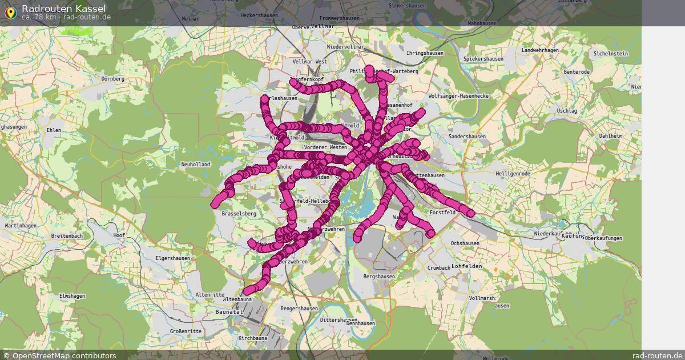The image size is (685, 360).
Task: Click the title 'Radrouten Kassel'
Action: click(x=63, y=8)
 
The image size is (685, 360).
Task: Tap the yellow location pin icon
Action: click(x=10, y=12)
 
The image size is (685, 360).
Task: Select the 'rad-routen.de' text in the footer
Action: click(x=658, y=355)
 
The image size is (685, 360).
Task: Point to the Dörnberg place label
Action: click(x=112, y=78)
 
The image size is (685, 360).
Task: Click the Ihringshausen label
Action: click(x=425, y=53)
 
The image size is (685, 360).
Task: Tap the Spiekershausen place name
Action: click(x=483, y=59)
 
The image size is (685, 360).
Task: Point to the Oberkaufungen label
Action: click(x=603, y=238)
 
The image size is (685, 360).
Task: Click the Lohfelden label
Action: click(x=467, y=266)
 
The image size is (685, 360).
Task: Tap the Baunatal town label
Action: click(x=229, y=311)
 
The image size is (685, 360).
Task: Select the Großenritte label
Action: click(x=186, y=331)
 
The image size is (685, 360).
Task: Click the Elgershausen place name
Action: click(x=174, y=258)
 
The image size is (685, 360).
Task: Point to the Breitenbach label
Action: click(x=67, y=236)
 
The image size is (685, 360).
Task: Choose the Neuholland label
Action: click(x=195, y=165)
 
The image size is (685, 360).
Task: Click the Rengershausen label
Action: click(x=299, y=309)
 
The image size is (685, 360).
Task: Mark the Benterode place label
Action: click(x=577, y=72)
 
